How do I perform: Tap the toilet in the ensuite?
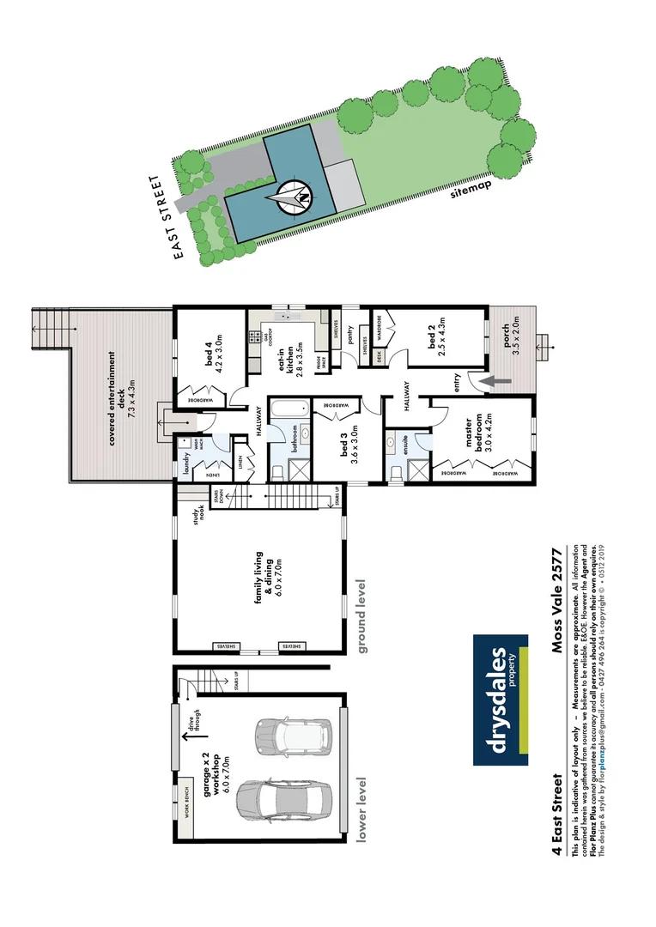pyautogui.click(x=397, y=472)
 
